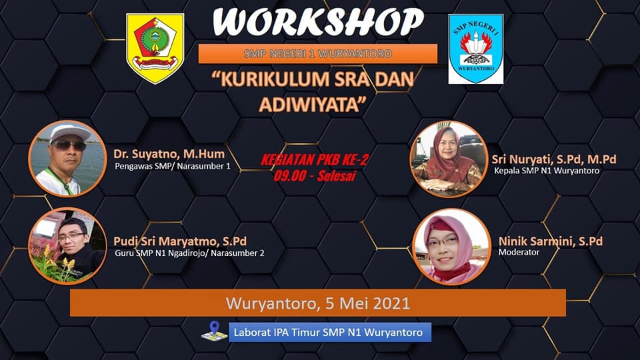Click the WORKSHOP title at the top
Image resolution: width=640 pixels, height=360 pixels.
tap(318, 22)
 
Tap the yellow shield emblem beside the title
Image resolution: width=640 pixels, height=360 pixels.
tap(155, 48)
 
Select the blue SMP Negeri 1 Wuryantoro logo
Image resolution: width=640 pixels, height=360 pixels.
tap(475, 49)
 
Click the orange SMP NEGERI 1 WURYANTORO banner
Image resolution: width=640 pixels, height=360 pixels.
tap(317, 53)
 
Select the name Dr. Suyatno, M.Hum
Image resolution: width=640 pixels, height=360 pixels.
tap(169, 154)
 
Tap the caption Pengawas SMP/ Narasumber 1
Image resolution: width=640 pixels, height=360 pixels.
tap(172, 166)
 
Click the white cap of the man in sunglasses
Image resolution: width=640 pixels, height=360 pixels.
tap(69, 133)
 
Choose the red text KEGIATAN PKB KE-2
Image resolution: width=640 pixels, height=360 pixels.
tap(314, 159)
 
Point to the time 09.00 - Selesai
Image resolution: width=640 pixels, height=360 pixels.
tap(315, 175)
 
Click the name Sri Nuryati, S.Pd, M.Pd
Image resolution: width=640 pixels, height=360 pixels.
tap(554, 159)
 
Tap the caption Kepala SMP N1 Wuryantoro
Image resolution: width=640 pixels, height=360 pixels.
tap(547, 171)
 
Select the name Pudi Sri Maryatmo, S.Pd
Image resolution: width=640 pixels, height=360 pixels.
tap(180, 241)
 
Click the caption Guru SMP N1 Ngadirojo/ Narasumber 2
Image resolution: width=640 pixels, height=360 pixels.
tap(189, 253)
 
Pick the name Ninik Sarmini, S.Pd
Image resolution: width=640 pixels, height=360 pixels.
tap(550, 241)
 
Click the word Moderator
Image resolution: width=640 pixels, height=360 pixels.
tap(519, 252)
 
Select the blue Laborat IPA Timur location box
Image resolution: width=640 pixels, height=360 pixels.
tap(330, 332)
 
